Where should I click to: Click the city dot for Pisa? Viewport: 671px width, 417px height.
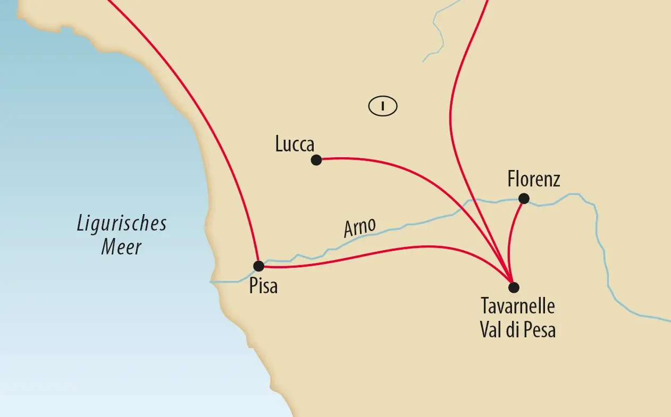click(x=259, y=266)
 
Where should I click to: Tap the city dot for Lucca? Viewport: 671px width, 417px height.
click(x=316, y=160)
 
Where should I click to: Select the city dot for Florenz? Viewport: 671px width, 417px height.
click(x=524, y=199)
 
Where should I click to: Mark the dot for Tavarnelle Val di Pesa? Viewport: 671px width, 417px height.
click(x=513, y=287)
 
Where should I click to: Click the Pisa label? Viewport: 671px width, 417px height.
click(x=263, y=287)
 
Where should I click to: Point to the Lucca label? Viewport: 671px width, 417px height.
click(x=295, y=144)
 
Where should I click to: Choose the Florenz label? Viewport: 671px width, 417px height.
click(x=533, y=180)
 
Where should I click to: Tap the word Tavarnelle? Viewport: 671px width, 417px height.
click(x=518, y=308)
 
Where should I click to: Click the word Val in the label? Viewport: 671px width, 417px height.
click(x=490, y=330)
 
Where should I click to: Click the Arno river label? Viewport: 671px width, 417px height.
click(x=359, y=227)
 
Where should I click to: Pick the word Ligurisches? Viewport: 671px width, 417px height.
click(x=121, y=224)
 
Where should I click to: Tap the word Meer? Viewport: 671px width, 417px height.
click(x=121, y=247)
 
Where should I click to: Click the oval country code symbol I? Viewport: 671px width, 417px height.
click(x=383, y=106)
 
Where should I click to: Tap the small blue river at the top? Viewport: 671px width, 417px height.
click(x=437, y=32)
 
